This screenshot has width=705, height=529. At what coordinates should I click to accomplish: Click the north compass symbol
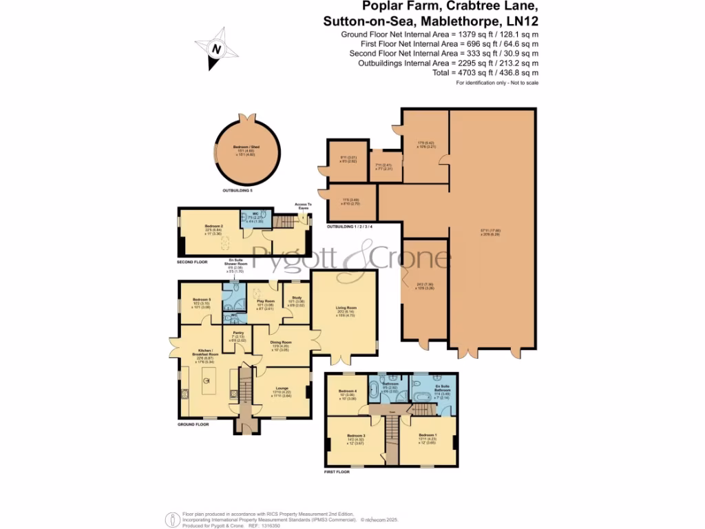pos(217,49)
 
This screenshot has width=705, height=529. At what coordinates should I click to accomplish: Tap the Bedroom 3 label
pos(355,436)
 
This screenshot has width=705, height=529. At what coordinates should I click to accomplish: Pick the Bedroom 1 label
pos(428,436)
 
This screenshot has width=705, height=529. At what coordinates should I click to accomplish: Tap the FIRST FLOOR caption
pos(337,473)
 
